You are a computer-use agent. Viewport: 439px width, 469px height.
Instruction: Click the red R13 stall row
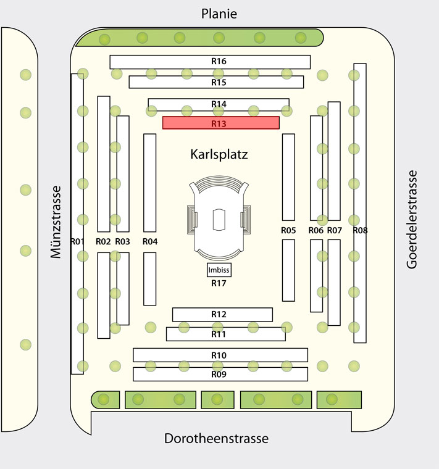(x=221, y=123)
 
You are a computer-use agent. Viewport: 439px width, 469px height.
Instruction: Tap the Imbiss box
(x=219, y=270)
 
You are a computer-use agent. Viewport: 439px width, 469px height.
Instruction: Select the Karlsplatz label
(x=219, y=154)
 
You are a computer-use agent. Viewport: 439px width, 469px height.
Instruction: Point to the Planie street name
(x=219, y=14)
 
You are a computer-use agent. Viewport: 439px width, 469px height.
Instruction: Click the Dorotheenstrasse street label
(x=216, y=439)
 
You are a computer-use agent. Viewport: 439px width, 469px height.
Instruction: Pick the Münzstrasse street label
(x=56, y=222)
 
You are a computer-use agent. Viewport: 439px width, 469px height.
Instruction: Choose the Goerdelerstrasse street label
(x=412, y=220)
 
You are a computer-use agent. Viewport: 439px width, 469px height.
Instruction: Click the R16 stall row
(x=210, y=62)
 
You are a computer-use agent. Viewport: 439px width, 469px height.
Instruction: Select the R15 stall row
(x=216, y=82)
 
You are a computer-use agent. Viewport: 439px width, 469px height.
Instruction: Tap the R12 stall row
(x=222, y=314)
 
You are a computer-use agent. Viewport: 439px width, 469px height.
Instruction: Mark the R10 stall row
(x=220, y=355)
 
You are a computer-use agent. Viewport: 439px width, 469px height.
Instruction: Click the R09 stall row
(x=220, y=374)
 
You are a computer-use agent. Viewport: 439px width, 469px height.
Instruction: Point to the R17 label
(x=219, y=283)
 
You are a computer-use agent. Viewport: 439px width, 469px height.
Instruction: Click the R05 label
(x=288, y=230)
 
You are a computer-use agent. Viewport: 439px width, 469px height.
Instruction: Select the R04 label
(x=150, y=241)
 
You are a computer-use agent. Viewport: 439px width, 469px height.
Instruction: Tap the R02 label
(x=103, y=241)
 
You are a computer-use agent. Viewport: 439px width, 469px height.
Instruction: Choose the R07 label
(x=334, y=230)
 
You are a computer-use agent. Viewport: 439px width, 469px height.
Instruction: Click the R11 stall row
(x=226, y=334)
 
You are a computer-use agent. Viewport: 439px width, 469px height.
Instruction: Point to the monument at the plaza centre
(x=219, y=217)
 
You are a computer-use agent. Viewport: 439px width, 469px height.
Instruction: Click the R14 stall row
(x=219, y=104)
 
